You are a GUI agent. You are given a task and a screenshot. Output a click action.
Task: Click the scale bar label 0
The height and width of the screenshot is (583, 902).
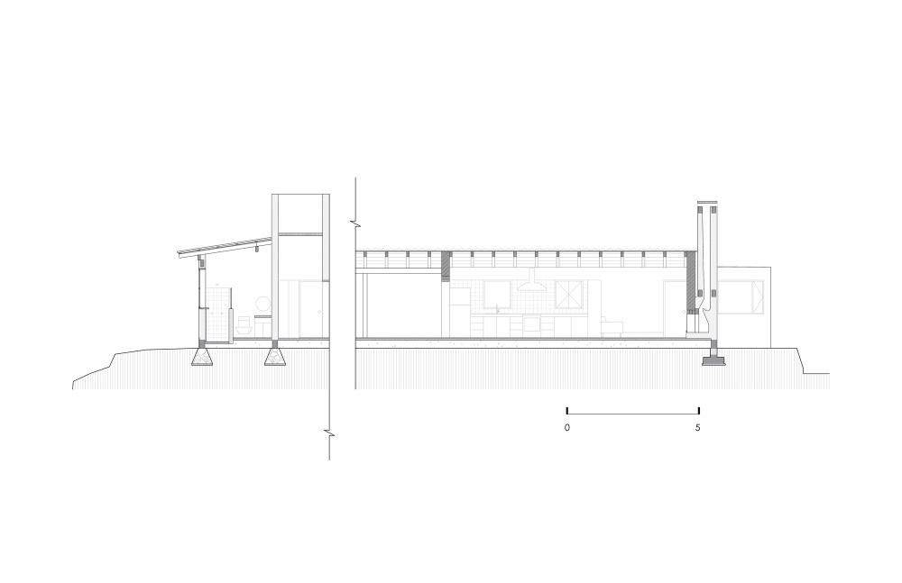(567, 428)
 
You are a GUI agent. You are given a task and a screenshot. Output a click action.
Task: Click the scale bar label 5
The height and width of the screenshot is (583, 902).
(698, 428)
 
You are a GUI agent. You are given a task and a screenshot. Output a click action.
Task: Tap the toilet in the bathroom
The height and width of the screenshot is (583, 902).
(244, 325)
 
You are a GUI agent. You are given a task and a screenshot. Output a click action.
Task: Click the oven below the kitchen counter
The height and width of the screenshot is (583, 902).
(532, 325)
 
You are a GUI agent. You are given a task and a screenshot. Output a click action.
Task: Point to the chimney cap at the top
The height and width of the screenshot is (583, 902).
(707, 203)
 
